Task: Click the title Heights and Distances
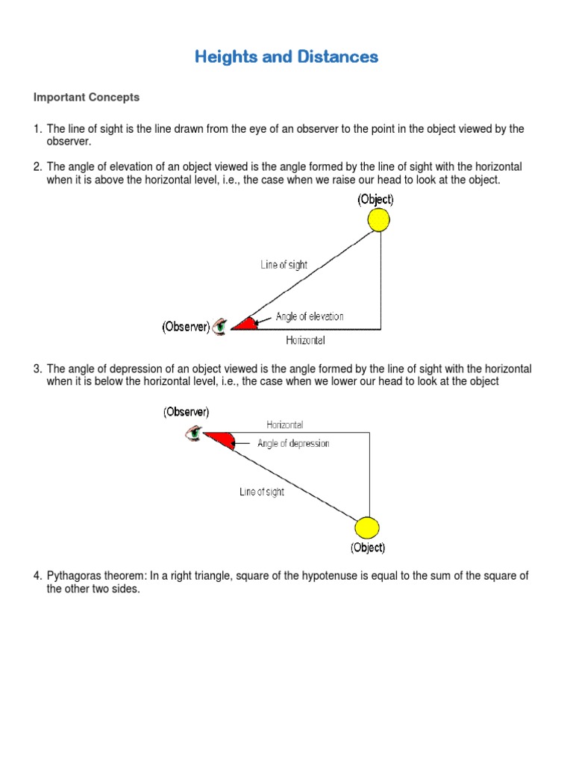tap(286, 57)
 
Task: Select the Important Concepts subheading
tap(86, 98)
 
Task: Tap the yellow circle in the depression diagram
tap(367, 528)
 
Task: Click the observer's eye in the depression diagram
tap(194, 433)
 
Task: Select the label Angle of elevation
tap(310, 316)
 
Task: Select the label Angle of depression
tap(293, 443)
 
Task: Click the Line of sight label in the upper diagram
tap(284, 264)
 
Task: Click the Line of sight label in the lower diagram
tap(261, 492)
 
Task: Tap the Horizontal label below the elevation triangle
tap(306, 340)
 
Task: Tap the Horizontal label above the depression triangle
tap(285, 425)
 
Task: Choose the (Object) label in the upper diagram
tap(375, 199)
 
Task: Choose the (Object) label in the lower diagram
tap(368, 548)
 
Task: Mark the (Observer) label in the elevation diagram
tap(186, 327)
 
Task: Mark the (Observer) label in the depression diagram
tap(187, 412)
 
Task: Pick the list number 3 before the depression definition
tap(37, 369)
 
